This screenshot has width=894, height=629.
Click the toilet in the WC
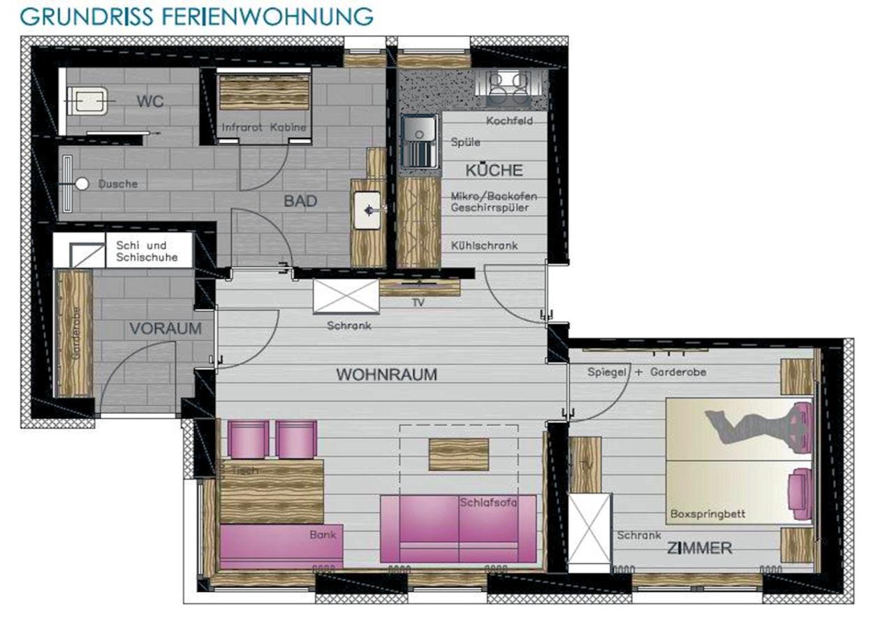(x=88, y=101)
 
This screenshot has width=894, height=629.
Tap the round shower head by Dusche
(x=82, y=184)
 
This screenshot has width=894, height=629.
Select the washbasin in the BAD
(x=367, y=210)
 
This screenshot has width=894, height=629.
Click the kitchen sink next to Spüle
(x=420, y=141)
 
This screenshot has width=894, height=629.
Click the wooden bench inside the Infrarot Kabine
(x=264, y=92)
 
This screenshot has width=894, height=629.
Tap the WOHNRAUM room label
(x=386, y=375)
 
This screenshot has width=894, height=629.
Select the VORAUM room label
(x=166, y=328)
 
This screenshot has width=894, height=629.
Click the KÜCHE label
(x=494, y=171)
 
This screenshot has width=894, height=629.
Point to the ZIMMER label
(x=700, y=549)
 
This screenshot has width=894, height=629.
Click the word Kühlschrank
(x=484, y=245)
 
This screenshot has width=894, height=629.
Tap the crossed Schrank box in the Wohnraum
(x=346, y=296)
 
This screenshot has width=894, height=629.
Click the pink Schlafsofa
(x=458, y=529)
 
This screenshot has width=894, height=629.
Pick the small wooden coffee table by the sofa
(x=459, y=454)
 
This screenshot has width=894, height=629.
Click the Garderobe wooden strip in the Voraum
(x=75, y=333)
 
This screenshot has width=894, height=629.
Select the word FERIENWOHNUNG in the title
(x=268, y=17)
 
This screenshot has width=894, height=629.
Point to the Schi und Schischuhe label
(x=147, y=251)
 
